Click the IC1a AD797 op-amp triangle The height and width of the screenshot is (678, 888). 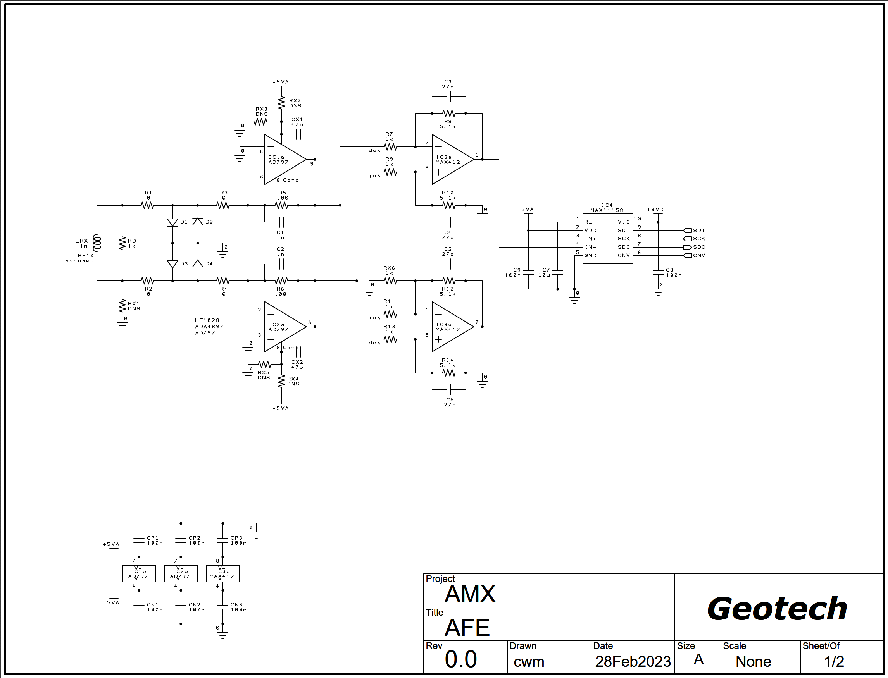pyautogui.click(x=284, y=159)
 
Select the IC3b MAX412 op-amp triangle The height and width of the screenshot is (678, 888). pyautogui.click(x=451, y=327)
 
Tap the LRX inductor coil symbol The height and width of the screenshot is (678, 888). pyautogui.click(x=96, y=243)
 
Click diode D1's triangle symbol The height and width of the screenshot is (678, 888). pyautogui.click(x=172, y=222)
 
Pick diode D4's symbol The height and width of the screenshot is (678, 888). pyautogui.click(x=197, y=264)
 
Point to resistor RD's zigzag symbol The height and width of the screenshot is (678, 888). pyautogui.click(x=122, y=243)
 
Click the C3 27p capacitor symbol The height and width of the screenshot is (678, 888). pyautogui.click(x=448, y=97)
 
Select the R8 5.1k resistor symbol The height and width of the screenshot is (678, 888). pyautogui.click(x=448, y=114)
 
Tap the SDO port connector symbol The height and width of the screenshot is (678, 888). pyautogui.click(x=687, y=247)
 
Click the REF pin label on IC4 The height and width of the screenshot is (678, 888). pyautogui.click(x=590, y=222)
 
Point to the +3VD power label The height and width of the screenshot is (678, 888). pyautogui.click(x=655, y=210)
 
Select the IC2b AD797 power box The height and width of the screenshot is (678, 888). pyautogui.click(x=181, y=573)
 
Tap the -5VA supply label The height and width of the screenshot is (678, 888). pyautogui.click(x=111, y=603)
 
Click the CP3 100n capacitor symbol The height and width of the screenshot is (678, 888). pyautogui.click(x=222, y=540)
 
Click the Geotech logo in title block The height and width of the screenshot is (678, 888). pyautogui.click(x=777, y=609)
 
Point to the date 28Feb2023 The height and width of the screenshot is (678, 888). pyautogui.click(x=633, y=661)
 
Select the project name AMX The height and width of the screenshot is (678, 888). pyautogui.click(x=470, y=594)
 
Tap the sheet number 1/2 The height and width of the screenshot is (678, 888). pyautogui.click(x=834, y=661)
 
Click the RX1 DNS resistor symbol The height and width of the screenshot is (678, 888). pyautogui.click(x=122, y=306)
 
